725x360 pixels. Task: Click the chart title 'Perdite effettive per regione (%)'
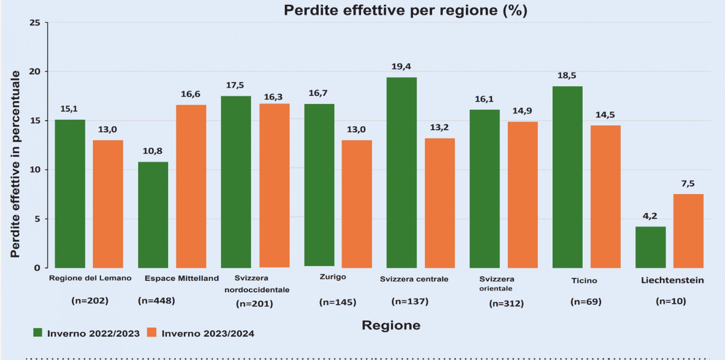tap(405, 10)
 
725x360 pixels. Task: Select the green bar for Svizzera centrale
tap(401, 172)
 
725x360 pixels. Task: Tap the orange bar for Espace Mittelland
tap(191, 186)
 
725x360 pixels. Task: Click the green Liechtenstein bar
tap(650, 247)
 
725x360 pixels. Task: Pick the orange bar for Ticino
tap(605, 196)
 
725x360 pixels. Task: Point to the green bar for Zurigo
tap(319, 185)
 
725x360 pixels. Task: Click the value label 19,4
tap(401, 67)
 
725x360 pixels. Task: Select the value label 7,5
tap(688, 184)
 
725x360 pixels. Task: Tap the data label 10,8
tap(152, 151)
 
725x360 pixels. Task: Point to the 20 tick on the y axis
tap(35, 72)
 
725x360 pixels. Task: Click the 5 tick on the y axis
tap(37, 219)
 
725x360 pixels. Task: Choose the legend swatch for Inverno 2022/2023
tap(38, 333)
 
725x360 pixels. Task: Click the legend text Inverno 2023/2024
tap(208, 334)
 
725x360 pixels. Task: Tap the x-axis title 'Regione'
tap(391, 325)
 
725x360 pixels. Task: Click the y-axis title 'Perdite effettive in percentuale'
tap(15, 164)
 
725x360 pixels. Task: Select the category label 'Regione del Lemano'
tap(90, 278)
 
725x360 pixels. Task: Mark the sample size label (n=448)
tap(156, 301)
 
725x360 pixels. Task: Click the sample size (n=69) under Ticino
tap(586, 302)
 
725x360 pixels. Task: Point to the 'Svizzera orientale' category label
tap(497, 283)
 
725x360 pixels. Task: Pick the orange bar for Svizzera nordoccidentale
tap(274, 185)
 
